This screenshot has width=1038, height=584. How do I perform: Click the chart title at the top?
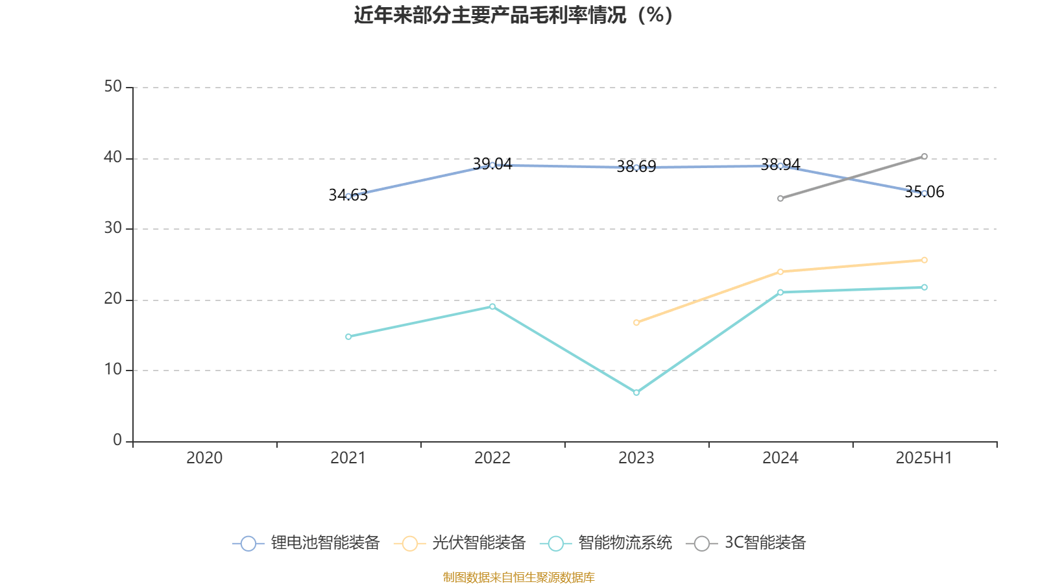pos(514,15)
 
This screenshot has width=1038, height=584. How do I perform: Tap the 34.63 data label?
pos(348,195)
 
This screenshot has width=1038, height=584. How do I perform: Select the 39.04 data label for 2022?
pos(492,164)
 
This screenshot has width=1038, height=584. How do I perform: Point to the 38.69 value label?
pos(636,167)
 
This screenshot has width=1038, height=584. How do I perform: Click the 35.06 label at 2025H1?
pos(924,191)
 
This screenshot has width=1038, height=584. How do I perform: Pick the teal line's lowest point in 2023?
pos(636,393)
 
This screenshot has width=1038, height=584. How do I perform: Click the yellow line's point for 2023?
pos(636,322)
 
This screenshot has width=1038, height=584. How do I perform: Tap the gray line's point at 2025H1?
pos(924,156)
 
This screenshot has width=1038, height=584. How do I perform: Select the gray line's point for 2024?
pos(780,199)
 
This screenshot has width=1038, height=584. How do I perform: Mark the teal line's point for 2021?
pos(348,337)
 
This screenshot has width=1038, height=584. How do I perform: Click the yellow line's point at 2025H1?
pos(924,260)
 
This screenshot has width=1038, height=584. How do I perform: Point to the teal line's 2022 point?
pos(492,306)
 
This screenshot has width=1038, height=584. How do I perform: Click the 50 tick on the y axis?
pos(113,86)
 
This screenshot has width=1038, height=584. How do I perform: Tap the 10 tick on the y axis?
pos(113,370)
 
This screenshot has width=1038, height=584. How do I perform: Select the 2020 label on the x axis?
pos(204,458)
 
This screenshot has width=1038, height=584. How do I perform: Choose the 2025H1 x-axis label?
pos(924,458)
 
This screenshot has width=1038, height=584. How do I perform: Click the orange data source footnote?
pos(518,577)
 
